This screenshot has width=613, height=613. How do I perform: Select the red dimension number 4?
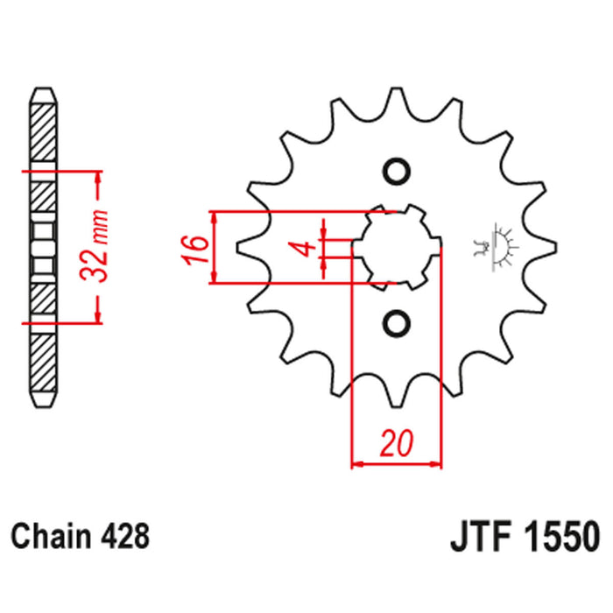(304, 248)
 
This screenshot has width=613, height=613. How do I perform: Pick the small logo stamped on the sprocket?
(498, 244)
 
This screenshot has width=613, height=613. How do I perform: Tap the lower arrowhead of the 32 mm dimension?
(99, 316)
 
